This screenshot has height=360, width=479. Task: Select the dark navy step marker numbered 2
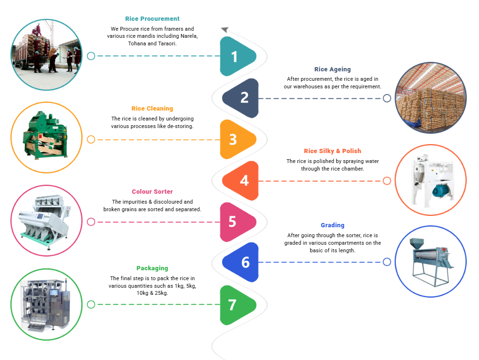coord(242,98)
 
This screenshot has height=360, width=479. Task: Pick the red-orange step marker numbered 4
coord(242,180)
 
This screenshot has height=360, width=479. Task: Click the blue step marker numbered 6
coord(242,262)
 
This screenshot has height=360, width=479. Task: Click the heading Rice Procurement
coord(152,19)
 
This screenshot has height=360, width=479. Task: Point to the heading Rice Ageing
coord(332,69)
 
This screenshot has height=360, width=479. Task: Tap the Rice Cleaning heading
coord(152,109)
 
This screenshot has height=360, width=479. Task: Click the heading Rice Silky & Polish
coord(332,151)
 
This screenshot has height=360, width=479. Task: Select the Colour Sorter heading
coord(152,192)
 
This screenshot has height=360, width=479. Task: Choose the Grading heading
coord(332,225)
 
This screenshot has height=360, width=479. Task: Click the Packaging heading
coord(152,268)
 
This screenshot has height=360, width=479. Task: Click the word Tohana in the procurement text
coord(137,43)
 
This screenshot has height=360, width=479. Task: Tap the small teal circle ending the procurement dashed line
coord(91,56)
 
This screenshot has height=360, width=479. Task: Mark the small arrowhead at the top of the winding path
coord(225,30)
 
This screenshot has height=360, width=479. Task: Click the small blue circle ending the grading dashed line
coord(387,262)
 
